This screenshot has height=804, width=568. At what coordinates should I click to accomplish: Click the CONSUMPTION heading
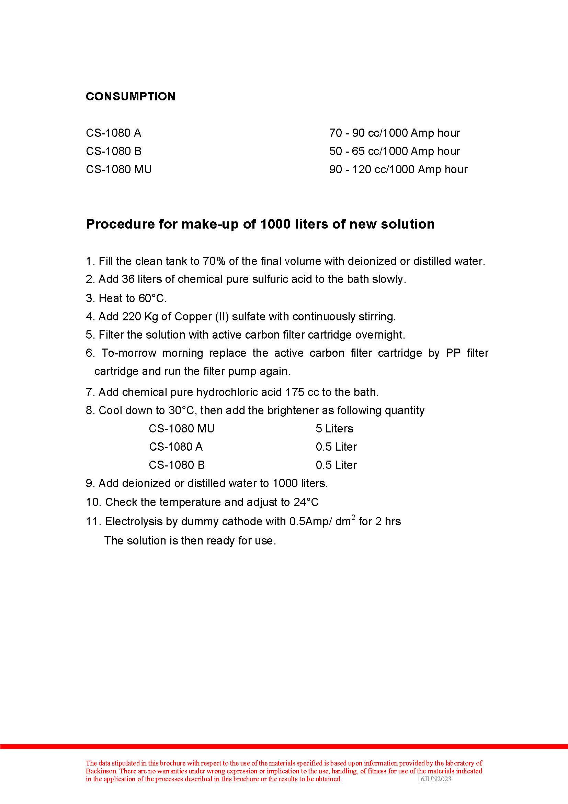tap(130, 96)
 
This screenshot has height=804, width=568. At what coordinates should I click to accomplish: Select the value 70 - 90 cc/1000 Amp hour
tap(394, 133)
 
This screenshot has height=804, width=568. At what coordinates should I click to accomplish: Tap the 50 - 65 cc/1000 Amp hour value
tap(394, 151)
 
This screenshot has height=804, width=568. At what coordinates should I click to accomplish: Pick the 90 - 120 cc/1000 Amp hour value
tap(398, 169)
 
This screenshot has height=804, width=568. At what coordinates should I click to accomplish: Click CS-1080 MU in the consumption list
tap(118, 169)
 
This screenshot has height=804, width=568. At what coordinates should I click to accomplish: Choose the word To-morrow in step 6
tap(129, 353)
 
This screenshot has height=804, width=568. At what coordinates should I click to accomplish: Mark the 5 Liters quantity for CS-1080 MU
tap(334, 428)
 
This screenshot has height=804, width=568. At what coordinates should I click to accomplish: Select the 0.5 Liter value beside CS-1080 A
tap(336, 447)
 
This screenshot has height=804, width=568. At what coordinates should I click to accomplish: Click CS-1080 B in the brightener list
tap(177, 465)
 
